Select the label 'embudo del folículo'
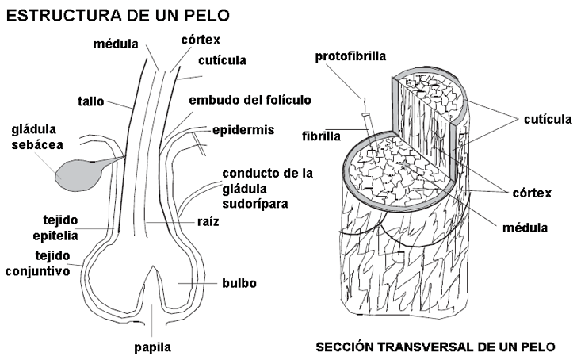click(x=250, y=100)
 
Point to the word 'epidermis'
click(x=242, y=129)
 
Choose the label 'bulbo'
click(x=239, y=282)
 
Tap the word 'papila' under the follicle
click(x=151, y=347)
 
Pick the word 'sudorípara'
click(x=255, y=203)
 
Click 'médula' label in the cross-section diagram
click(x=525, y=228)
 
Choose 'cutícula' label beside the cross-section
click(x=548, y=120)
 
